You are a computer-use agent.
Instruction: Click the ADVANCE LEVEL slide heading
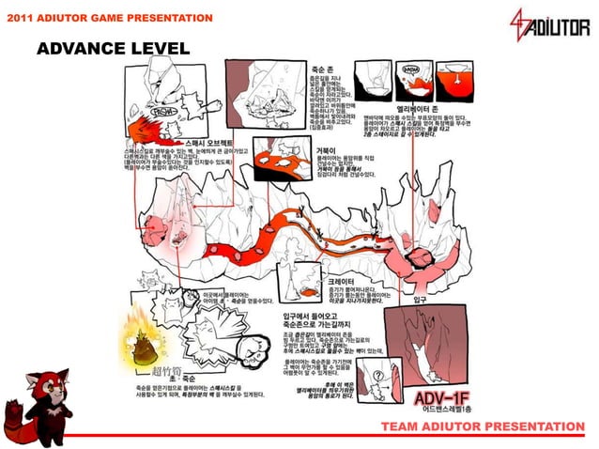113,48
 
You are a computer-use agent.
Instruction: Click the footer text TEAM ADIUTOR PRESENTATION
482,426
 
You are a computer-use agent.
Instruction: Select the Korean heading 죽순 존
324,70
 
